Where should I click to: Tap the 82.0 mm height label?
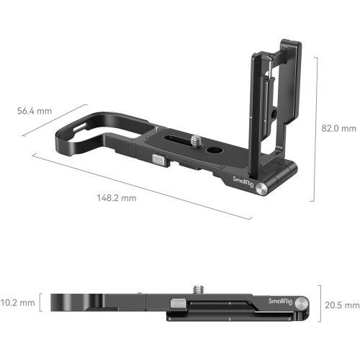(x=338, y=128)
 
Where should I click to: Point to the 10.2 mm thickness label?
(x=17, y=302)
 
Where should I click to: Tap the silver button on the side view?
(x=178, y=305)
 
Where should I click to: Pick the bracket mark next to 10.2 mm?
(x=42, y=302)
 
